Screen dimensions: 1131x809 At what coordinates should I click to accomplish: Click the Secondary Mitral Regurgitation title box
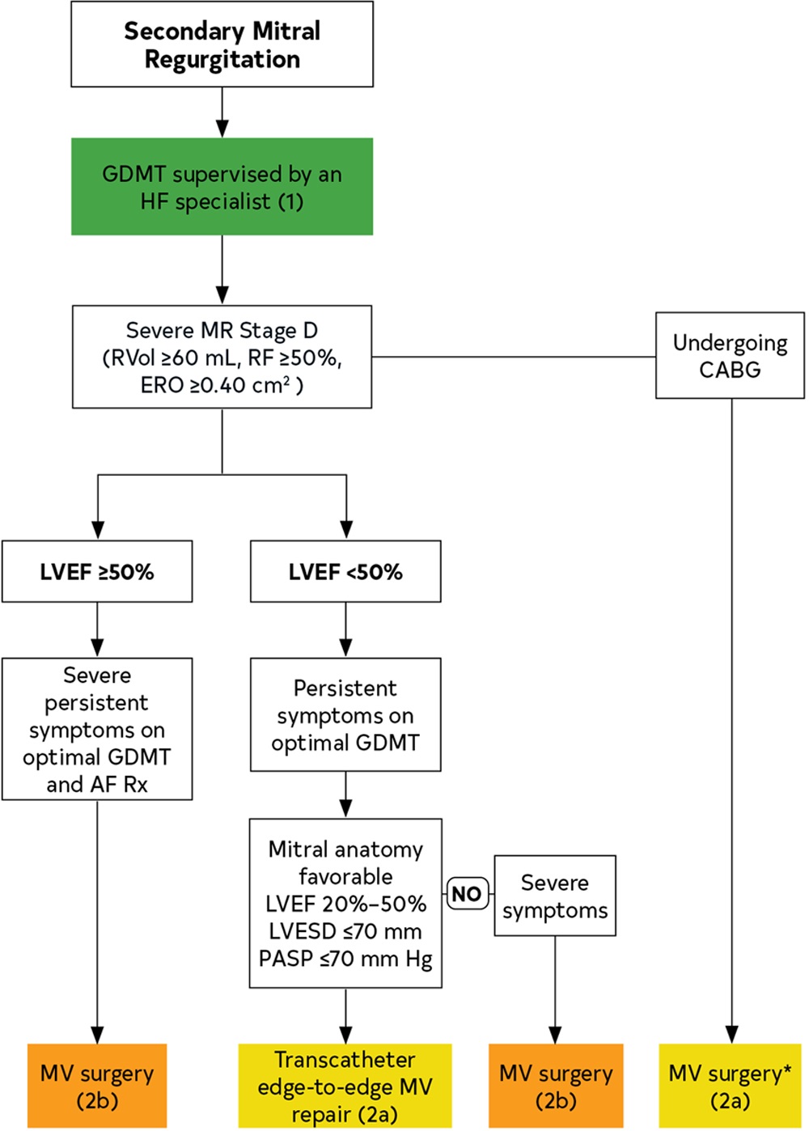(x=222, y=44)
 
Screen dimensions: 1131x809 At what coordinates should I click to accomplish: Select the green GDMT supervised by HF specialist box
(x=222, y=187)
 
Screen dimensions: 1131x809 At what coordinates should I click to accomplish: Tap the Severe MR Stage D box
(x=222, y=357)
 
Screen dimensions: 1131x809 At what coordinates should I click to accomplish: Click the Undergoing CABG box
(x=730, y=356)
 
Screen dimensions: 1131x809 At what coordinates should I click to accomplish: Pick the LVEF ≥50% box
(x=97, y=572)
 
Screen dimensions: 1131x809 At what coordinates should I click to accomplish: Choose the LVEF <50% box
(x=345, y=572)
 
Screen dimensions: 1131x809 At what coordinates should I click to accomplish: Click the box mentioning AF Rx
(x=97, y=729)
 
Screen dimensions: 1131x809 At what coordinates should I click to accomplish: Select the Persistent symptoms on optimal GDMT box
(x=345, y=715)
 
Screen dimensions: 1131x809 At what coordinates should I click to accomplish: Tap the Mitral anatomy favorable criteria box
(x=345, y=904)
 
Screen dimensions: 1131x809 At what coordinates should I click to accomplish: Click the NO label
(x=468, y=894)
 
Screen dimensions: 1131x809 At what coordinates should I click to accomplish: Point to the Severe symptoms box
(x=555, y=896)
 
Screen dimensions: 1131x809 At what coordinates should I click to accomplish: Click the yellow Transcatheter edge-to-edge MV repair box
(x=345, y=1087)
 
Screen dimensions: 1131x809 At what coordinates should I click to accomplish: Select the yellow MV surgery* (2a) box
(x=730, y=1087)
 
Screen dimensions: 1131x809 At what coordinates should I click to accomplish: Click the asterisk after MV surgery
(x=787, y=1070)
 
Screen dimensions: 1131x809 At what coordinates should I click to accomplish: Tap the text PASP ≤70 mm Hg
(x=345, y=959)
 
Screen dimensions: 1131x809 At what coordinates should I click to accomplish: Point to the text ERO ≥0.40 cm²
(x=222, y=385)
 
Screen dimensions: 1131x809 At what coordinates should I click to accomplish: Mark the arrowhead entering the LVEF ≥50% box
(x=97, y=530)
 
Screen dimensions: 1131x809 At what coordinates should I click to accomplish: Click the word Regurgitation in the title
(x=222, y=60)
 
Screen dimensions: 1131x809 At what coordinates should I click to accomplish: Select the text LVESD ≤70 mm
(x=345, y=932)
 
